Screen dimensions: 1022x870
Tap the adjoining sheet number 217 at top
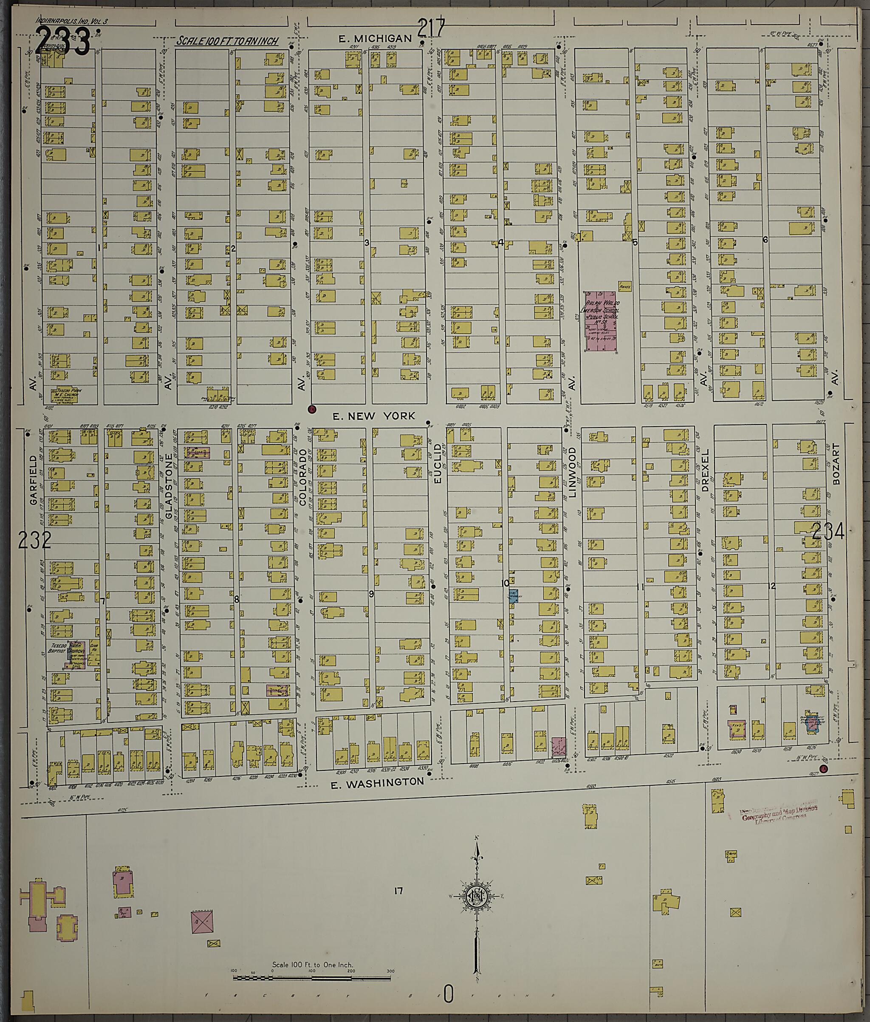(432, 28)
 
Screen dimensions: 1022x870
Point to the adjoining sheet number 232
(34, 541)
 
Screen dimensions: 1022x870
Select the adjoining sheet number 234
(828, 532)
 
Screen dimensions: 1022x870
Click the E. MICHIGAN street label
(376, 39)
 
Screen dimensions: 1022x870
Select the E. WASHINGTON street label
(377, 782)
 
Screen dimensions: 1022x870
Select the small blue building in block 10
(513, 596)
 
